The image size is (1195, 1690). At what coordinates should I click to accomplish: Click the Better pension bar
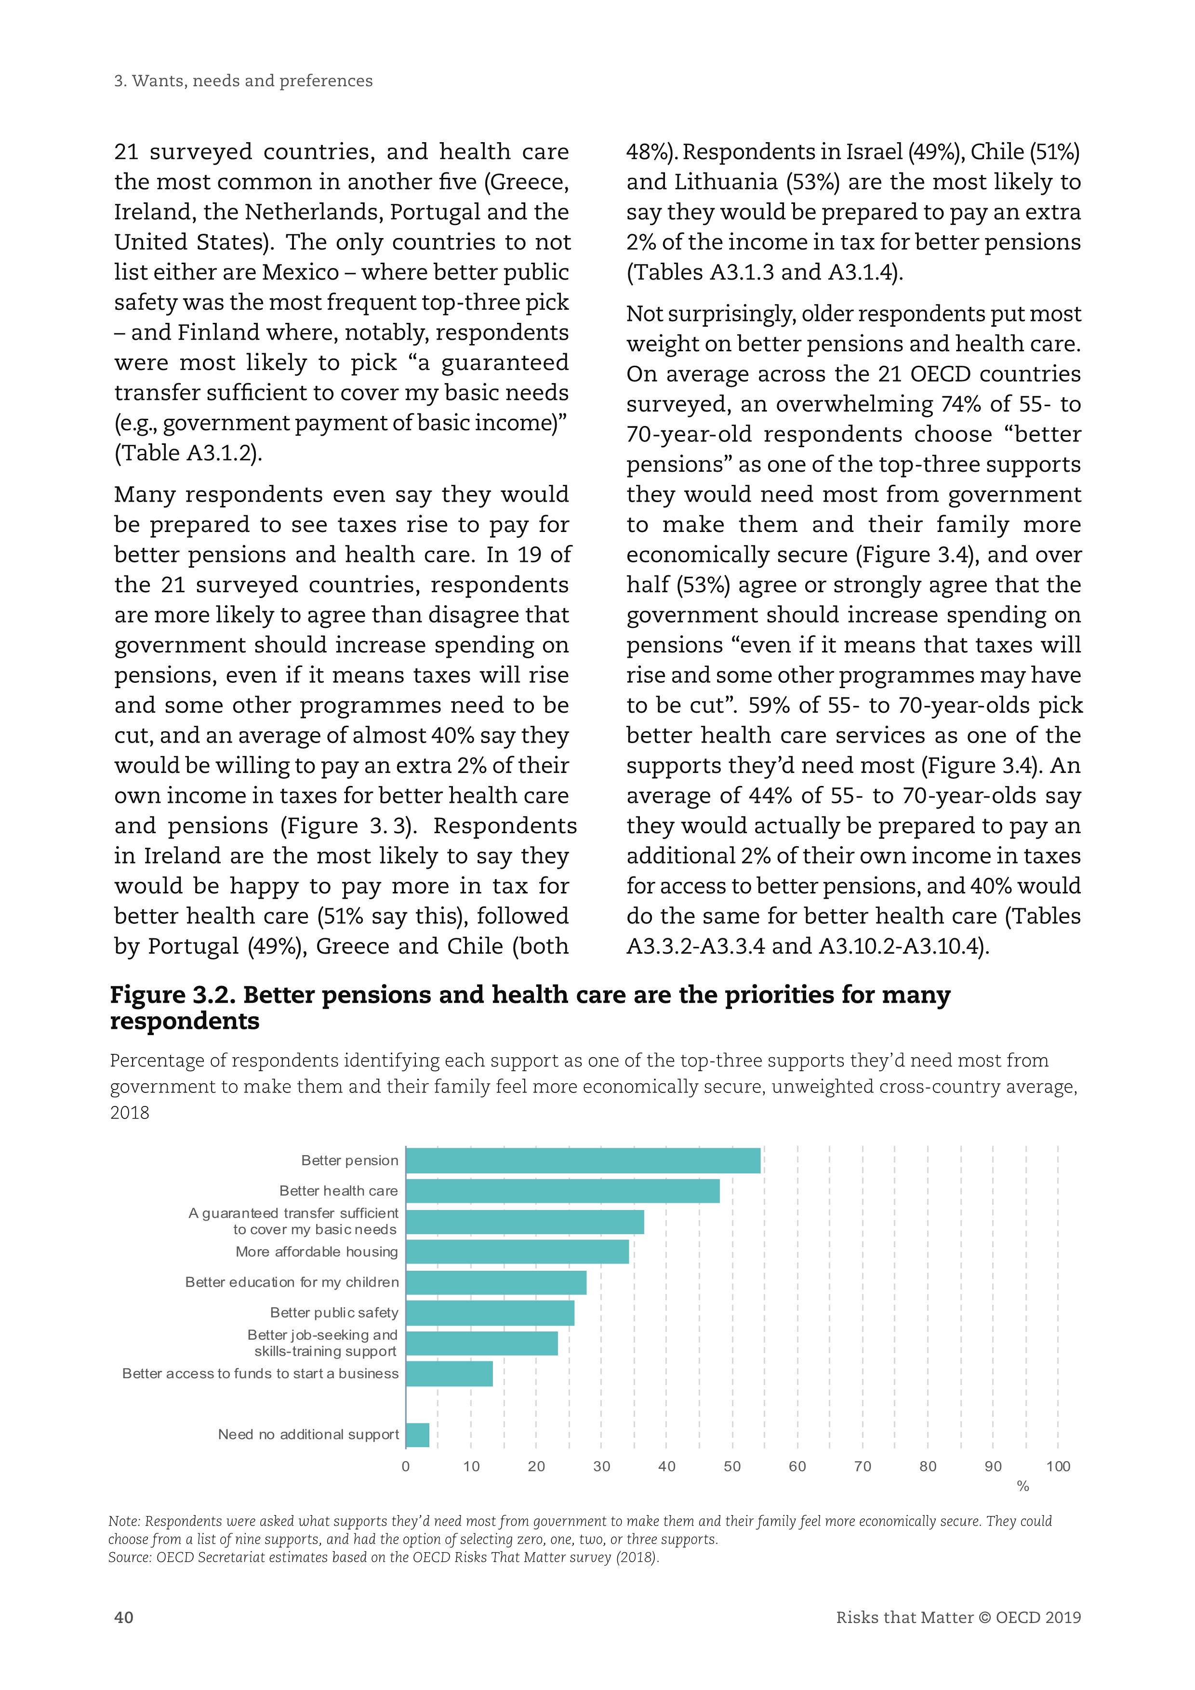583,1161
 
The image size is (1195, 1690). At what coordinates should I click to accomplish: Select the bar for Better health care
562,1191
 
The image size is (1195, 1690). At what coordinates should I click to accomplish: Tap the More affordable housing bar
518,1252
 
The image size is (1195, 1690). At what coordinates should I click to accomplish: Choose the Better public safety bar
490,1313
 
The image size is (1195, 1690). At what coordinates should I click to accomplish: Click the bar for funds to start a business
450,1373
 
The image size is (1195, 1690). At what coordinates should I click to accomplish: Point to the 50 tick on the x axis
732,1466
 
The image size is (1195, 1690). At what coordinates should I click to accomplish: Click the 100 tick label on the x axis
1058,1466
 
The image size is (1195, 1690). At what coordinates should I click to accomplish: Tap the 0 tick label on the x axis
405,1466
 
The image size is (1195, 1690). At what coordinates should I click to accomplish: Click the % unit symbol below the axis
1023,1486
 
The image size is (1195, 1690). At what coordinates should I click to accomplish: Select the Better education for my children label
292,1282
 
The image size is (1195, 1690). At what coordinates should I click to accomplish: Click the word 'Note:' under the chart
124,1521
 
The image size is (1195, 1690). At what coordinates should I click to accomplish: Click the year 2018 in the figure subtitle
130,1113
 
